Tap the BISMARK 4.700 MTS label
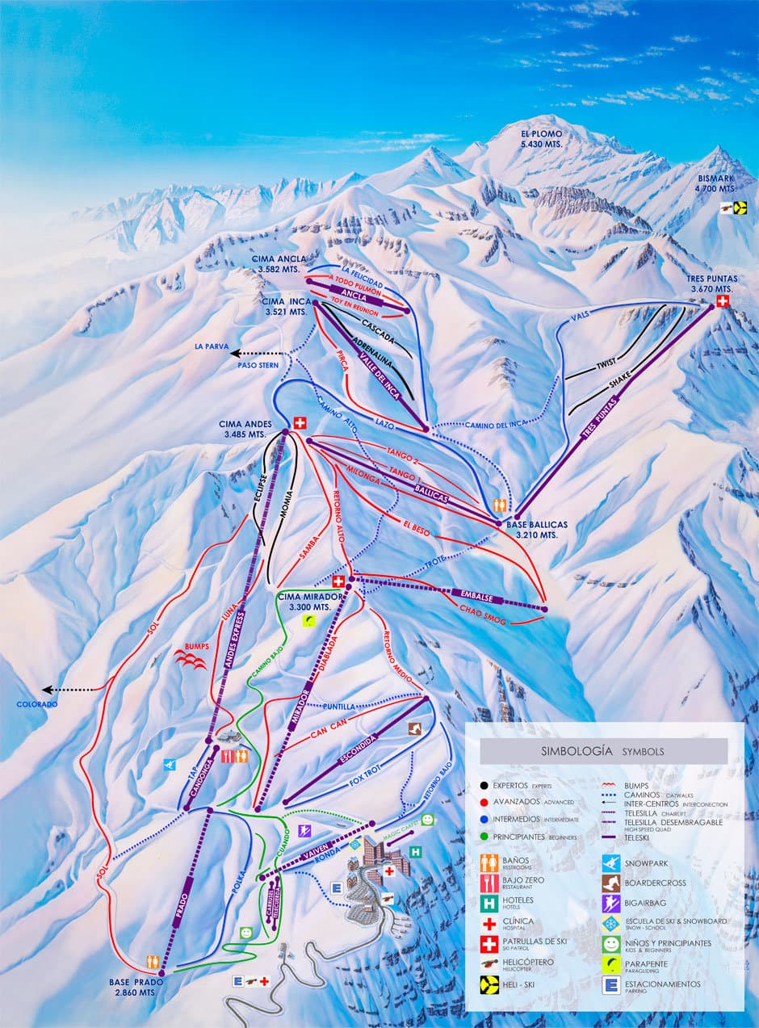click(x=715, y=183)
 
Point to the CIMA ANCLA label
click(x=279, y=263)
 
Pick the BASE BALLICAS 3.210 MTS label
click(x=537, y=529)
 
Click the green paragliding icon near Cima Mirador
click(x=308, y=620)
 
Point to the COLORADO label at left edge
click(x=37, y=704)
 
